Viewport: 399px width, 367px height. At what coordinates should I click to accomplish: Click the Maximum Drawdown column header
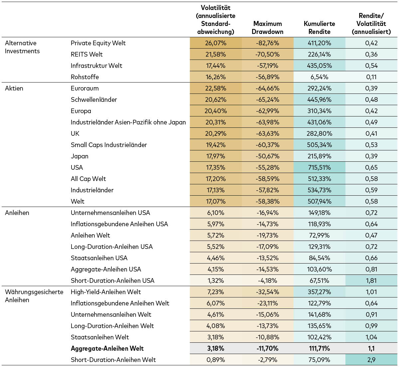(x=267, y=28)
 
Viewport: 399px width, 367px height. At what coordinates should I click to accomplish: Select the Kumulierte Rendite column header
(x=319, y=28)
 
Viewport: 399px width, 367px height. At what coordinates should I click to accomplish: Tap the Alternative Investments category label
(x=22, y=47)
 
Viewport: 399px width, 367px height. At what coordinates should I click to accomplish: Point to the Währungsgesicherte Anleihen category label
(x=34, y=296)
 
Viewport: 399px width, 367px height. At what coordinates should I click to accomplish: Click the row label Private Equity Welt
(x=98, y=43)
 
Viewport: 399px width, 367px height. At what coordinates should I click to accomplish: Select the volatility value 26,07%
(x=215, y=43)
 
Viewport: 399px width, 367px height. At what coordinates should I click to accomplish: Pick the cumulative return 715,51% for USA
(x=319, y=167)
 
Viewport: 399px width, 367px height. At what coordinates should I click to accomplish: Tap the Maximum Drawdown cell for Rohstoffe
(x=267, y=77)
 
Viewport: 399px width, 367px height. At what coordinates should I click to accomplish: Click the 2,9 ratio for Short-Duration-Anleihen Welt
(x=371, y=360)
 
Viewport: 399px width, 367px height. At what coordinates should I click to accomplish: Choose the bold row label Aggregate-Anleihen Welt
(x=107, y=348)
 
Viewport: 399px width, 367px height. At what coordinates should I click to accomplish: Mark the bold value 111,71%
(x=319, y=348)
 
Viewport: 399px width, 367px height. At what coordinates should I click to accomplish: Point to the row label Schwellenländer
(x=94, y=99)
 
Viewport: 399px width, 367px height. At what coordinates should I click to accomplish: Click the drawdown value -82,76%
(x=267, y=43)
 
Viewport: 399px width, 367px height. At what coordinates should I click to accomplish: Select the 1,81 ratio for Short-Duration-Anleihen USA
(x=371, y=280)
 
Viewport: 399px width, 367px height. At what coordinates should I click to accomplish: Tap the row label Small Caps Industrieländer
(x=109, y=145)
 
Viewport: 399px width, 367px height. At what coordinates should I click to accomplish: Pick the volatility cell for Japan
(x=215, y=156)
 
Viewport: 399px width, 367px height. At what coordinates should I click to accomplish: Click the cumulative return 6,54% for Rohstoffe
(x=319, y=77)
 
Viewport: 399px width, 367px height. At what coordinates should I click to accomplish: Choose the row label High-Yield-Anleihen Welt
(x=106, y=292)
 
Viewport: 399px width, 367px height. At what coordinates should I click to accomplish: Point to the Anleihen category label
(x=17, y=213)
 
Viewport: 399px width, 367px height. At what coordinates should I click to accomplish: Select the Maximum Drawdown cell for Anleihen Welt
(x=267, y=235)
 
